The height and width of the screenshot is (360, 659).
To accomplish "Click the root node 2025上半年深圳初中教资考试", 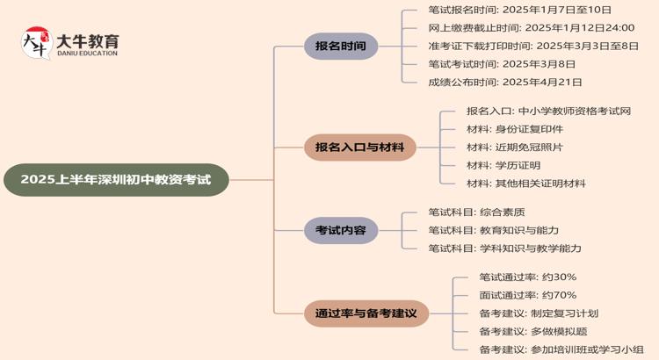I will (116, 180).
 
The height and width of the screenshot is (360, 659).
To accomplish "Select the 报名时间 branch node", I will (341, 46).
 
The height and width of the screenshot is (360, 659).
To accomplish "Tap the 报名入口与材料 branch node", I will (360, 148).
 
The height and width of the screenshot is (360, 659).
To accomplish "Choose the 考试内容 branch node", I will (341, 230).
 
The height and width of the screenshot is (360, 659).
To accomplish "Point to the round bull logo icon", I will (36, 43).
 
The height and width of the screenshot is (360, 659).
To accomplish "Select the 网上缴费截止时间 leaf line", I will (531, 28).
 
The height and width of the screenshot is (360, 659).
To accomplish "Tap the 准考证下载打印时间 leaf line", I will (533, 46).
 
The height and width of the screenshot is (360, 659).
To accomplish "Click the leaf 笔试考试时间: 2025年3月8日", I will (502, 64).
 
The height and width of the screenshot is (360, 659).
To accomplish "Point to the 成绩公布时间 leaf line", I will (505, 82).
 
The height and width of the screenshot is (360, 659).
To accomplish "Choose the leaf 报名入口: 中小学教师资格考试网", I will (548, 112).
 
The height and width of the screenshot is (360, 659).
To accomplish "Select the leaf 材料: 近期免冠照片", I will (515, 148).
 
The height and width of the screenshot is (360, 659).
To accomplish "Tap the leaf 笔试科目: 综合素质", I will (476, 212).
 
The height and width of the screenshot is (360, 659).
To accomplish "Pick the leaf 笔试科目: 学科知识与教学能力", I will (504, 248).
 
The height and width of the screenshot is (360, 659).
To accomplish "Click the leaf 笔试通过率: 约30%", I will (527, 277).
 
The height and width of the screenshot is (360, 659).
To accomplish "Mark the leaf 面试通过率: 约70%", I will (527, 295).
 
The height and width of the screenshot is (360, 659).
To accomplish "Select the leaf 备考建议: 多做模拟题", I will (532, 331).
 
